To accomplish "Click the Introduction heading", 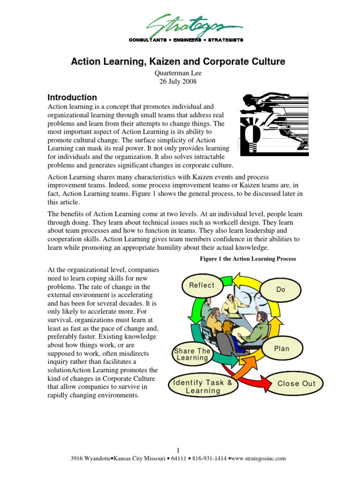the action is click(x=72, y=97).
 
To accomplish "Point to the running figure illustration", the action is click(x=274, y=124).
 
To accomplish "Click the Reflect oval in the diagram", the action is click(x=202, y=285).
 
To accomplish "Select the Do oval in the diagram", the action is click(x=281, y=290).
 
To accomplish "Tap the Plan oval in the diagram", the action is click(x=282, y=349).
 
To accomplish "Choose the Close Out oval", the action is click(x=297, y=383).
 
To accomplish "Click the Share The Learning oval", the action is click(x=192, y=354).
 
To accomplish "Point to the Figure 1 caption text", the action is click(x=245, y=259).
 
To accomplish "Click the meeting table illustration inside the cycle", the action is click(x=234, y=323).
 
